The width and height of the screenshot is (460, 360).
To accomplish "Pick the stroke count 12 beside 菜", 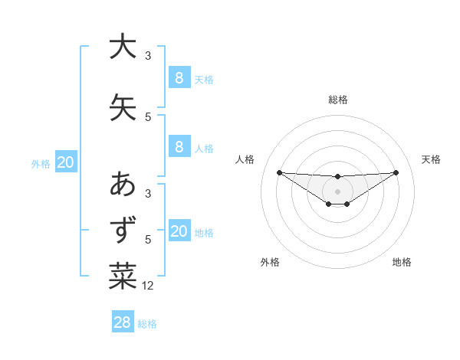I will coord(149,286).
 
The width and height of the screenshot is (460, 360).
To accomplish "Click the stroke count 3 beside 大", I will coord(148,56).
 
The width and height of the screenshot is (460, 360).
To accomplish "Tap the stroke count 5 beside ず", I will coord(148,240).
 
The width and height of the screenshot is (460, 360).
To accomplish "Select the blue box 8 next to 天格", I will coord(179,77).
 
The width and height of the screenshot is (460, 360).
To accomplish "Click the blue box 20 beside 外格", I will coord(66,162).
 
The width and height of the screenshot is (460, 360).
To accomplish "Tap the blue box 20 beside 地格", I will coord(179,231).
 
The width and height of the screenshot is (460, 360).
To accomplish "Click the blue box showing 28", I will coord(123,322).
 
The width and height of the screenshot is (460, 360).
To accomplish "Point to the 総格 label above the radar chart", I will coord(338,100).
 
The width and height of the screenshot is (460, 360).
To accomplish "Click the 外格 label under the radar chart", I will coord(270,262).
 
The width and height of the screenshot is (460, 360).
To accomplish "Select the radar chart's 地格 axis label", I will coord(402,262).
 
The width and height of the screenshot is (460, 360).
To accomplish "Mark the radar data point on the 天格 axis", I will coord(396,172).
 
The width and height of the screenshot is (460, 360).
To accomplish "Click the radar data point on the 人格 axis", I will coord(279,172).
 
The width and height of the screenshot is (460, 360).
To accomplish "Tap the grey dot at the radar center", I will coord(337,191).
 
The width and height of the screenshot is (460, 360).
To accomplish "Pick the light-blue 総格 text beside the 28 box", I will coord(147,324).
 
